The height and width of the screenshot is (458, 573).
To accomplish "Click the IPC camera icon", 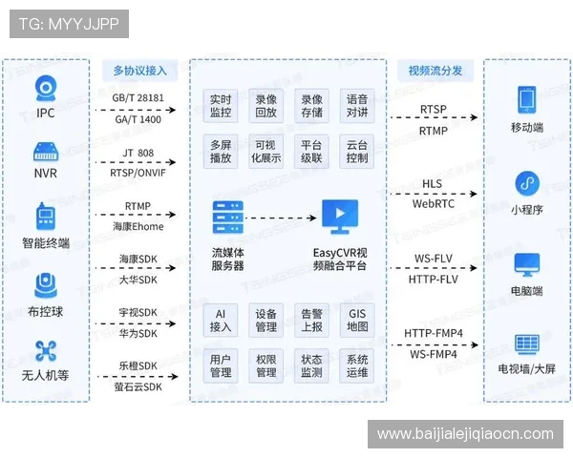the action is click(x=46, y=88).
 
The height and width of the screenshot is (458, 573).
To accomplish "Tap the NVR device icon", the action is click(x=46, y=152).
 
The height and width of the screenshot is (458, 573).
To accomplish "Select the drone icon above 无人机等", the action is click(x=46, y=351).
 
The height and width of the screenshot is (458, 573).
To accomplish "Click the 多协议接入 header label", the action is click(x=140, y=70).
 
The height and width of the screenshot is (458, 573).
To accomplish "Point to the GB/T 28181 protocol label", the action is click(x=138, y=98).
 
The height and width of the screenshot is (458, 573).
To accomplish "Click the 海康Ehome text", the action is click(x=138, y=226).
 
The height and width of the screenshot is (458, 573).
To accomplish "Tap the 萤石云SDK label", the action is click(x=138, y=386).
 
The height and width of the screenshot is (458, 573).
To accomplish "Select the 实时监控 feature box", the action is click(x=221, y=106).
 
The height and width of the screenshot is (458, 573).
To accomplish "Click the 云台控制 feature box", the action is click(x=356, y=151).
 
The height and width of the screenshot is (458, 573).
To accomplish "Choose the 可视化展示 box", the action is click(x=265, y=151).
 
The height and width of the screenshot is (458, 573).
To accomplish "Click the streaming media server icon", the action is click(x=227, y=218).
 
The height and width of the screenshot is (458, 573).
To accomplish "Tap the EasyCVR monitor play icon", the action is click(x=340, y=217).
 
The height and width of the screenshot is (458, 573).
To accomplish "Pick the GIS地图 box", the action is click(x=357, y=320).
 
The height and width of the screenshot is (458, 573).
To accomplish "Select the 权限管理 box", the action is click(x=265, y=365).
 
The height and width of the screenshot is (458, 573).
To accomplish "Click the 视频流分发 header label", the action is click(x=435, y=70).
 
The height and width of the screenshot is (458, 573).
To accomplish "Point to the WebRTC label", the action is click(x=434, y=204).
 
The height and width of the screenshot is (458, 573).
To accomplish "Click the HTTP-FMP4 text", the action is click(x=434, y=333).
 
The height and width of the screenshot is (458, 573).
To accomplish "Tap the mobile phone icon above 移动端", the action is click(x=527, y=99).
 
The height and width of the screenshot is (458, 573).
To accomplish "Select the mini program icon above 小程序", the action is click(x=527, y=183).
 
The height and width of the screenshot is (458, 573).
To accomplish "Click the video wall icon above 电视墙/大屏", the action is click(x=527, y=344).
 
